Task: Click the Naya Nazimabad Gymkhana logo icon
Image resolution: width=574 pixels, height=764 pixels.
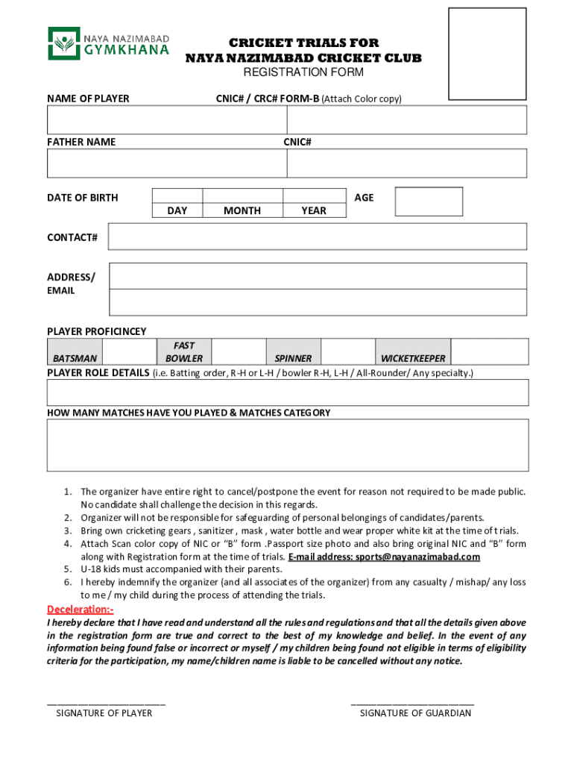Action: [x=63, y=43]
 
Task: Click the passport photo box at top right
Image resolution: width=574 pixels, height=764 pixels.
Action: [x=486, y=54]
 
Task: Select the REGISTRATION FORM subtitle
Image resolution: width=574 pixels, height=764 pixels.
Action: [x=303, y=72]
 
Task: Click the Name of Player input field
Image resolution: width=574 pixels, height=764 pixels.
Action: [x=167, y=120]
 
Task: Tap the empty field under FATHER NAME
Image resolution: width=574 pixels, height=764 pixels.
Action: [x=167, y=163]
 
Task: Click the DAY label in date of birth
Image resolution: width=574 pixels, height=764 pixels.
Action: [x=177, y=211]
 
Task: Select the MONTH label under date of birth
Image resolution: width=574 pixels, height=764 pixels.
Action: [x=242, y=211]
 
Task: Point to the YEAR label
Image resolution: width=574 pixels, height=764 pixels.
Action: [x=314, y=211]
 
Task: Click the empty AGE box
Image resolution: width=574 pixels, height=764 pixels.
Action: [x=429, y=201]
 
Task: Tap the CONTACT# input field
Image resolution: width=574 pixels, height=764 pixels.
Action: [x=318, y=237]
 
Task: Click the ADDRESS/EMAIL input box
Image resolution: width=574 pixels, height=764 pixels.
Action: [x=318, y=290]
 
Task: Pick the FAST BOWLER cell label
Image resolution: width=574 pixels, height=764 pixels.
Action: [x=184, y=351]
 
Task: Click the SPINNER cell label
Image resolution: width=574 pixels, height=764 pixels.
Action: [x=293, y=358]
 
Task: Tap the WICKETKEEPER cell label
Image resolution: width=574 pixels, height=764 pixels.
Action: [x=413, y=358]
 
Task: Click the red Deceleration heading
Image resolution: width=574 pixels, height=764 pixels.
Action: [x=81, y=609]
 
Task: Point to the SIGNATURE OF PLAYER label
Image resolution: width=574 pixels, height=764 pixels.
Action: [x=104, y=713]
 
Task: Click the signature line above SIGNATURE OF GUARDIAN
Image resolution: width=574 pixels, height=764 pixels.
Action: [x=412, y=703]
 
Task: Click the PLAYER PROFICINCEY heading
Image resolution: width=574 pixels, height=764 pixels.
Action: [x=97, y=331]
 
